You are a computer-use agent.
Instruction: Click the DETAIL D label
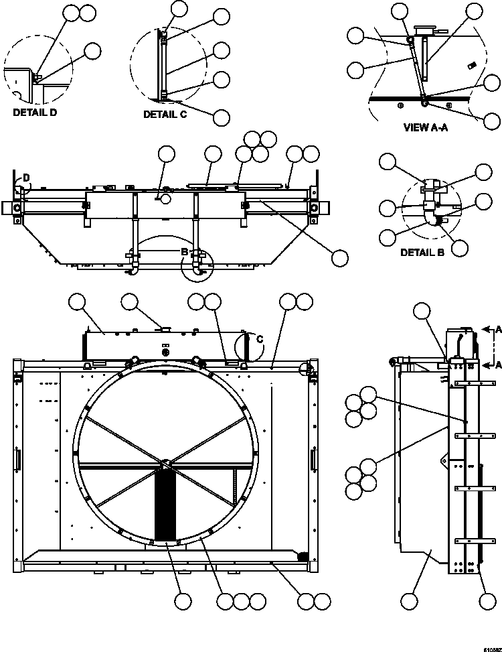point(35,113)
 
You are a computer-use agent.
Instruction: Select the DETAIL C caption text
point(165,115)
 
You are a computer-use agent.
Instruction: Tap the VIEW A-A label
point(425,127)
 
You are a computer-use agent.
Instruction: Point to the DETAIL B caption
point(422,253)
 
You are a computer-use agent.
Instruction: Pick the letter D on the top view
point(26,178)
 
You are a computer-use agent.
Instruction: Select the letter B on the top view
point(185,251)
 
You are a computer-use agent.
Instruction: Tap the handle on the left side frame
point(18,460)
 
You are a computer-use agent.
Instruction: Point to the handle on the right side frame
point(313,460)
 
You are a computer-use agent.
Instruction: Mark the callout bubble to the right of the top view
point(340,257)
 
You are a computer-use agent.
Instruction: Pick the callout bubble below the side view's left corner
point(410,602)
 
